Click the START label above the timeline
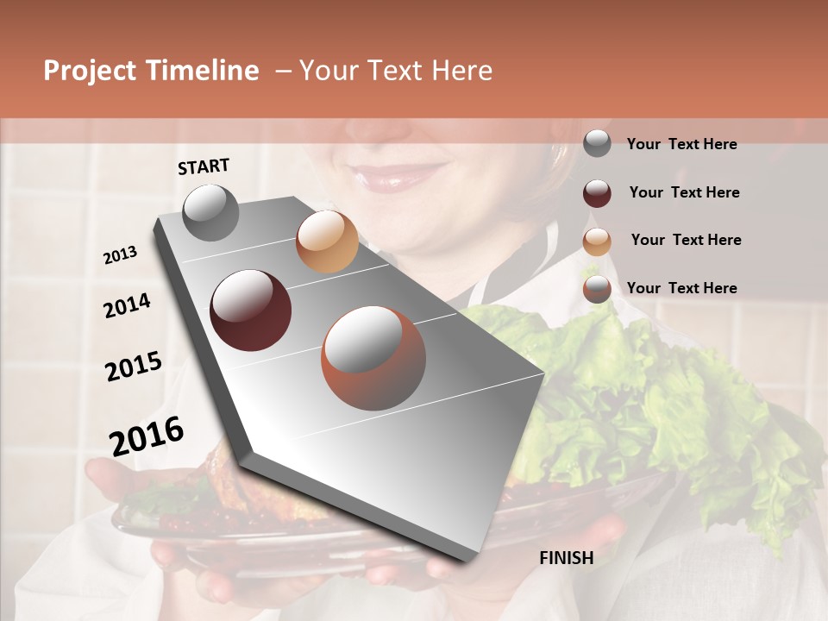(x=204, y=166)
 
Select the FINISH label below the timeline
(x=567, y=558)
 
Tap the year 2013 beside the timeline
(x=120, y=255)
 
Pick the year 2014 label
(x=127, y=305)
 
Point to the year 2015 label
(x=134, y=367)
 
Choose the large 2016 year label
(x=147, y=436)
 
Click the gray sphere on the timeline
(x=211, y=212)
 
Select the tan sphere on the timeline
(x=327, y=241)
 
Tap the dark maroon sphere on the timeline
(x=251, y=310)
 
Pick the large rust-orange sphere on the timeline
(x=373, y=358)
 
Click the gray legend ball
(x=597, y=144)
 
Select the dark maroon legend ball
(x=597, y=192)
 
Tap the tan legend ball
(x=597, y=241)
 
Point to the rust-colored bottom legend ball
(x=597, y=289)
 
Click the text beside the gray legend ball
(x=682, y=144)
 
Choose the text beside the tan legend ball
(x=687, y=240)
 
